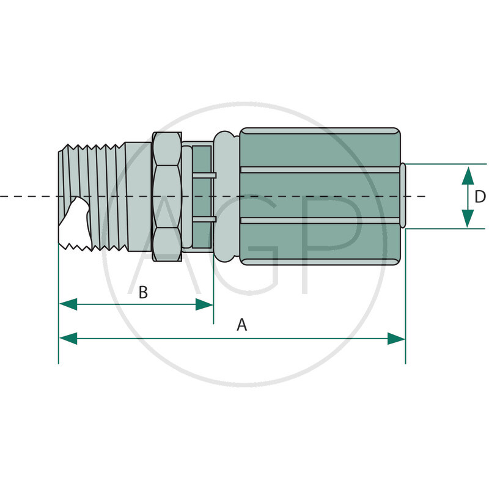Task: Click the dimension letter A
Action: [x=241, y=325]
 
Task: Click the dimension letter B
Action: [x=143, y=293]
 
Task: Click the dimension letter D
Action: [x=480, y=197]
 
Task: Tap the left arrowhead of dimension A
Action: [x=68, y=339]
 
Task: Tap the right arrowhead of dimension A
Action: [x=396, y=339]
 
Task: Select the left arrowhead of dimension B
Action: [x=68, y=304]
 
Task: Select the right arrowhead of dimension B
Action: [x=204, y=304]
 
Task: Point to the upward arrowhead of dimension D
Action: [x=468, y=175]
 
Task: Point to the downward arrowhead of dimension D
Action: [x=468, y=218]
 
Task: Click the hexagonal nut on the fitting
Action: [x=167, y=196]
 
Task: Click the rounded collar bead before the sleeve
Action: [x=226, y=196]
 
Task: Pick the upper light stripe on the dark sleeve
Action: [x=320, y=170]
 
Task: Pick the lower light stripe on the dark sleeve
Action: [x=320, y=221]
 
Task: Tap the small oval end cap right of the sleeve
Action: [x=403, y=195]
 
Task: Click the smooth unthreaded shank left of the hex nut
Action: [x=139, y=196]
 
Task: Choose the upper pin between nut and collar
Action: [x=204, y=175]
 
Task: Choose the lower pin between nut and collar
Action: [x=204, y=219]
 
